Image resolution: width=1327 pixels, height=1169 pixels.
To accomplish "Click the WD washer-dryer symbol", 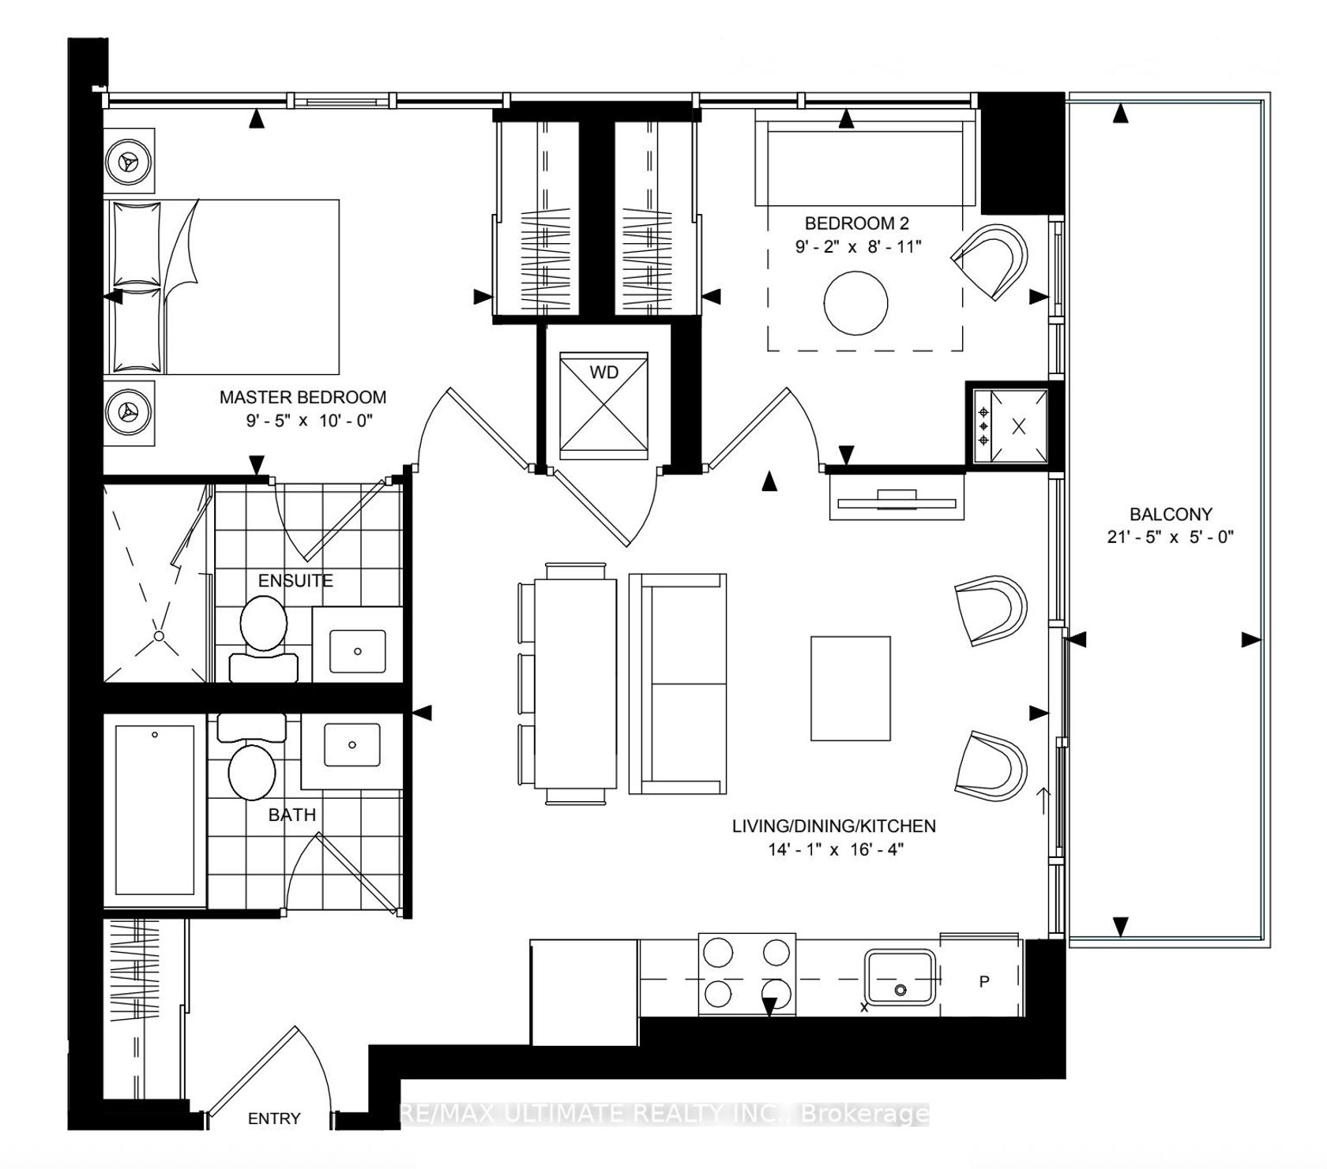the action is click(x=604, y=406).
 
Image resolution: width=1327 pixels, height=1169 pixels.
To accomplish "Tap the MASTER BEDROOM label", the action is click(x=303, y=397).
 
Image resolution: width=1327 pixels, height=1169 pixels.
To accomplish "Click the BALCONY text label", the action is click(x=1171, y=515).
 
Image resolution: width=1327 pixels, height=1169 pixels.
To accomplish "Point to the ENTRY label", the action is click(x=274, y=1118).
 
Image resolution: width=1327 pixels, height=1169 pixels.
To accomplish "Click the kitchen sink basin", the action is click(x=900, y=977).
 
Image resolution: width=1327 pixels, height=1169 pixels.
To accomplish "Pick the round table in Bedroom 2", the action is click(x=856, y=303).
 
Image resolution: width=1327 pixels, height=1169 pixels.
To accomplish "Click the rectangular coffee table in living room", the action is click(x=851, y=688).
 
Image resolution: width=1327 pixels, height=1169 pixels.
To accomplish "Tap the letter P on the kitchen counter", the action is click(x=984, y=982).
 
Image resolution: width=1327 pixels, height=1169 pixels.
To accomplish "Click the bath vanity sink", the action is click(x=352, y=744).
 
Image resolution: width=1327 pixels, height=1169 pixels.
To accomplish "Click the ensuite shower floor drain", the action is click(x=159, y=635).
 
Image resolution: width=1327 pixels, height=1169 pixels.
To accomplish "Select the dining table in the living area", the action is click(x=575, y=683).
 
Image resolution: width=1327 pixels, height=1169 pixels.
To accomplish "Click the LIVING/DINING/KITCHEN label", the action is click(x=834, y=826).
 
